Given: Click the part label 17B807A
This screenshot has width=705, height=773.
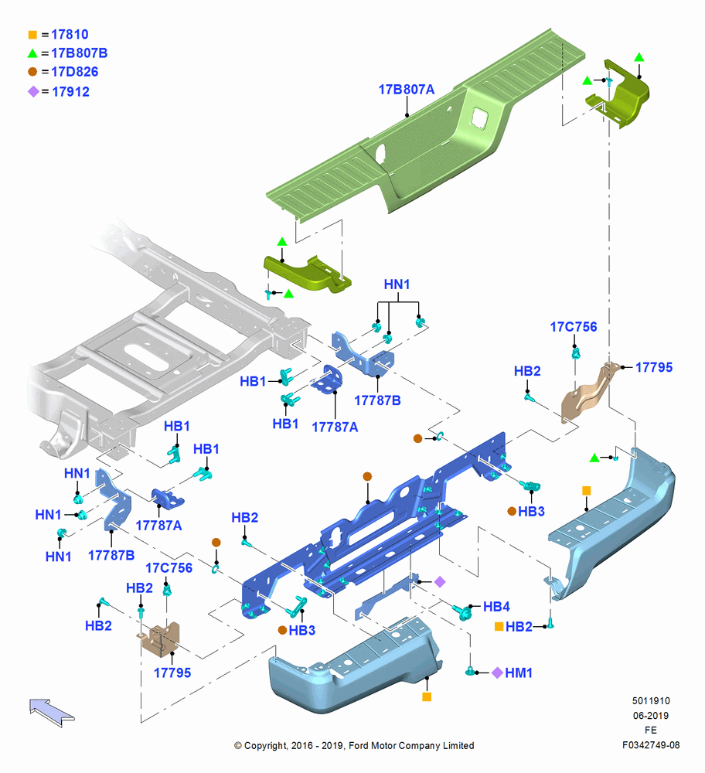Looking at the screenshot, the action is coord(407,90).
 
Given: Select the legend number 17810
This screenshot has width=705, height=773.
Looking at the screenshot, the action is coord(70,35).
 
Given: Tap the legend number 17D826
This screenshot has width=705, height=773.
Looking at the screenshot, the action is coord(75,72).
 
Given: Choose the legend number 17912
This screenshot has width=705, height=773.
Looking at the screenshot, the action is coord(70,92).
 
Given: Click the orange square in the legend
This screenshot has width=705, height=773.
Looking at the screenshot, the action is coord(32,35).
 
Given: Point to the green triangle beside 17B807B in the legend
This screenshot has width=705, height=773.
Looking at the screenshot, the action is coord(32,53).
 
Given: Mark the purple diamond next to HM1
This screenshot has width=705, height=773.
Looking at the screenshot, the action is coord(498,673).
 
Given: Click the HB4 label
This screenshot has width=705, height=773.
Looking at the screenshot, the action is coord(496,606).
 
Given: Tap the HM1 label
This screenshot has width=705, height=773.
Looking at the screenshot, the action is coord(519,673).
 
